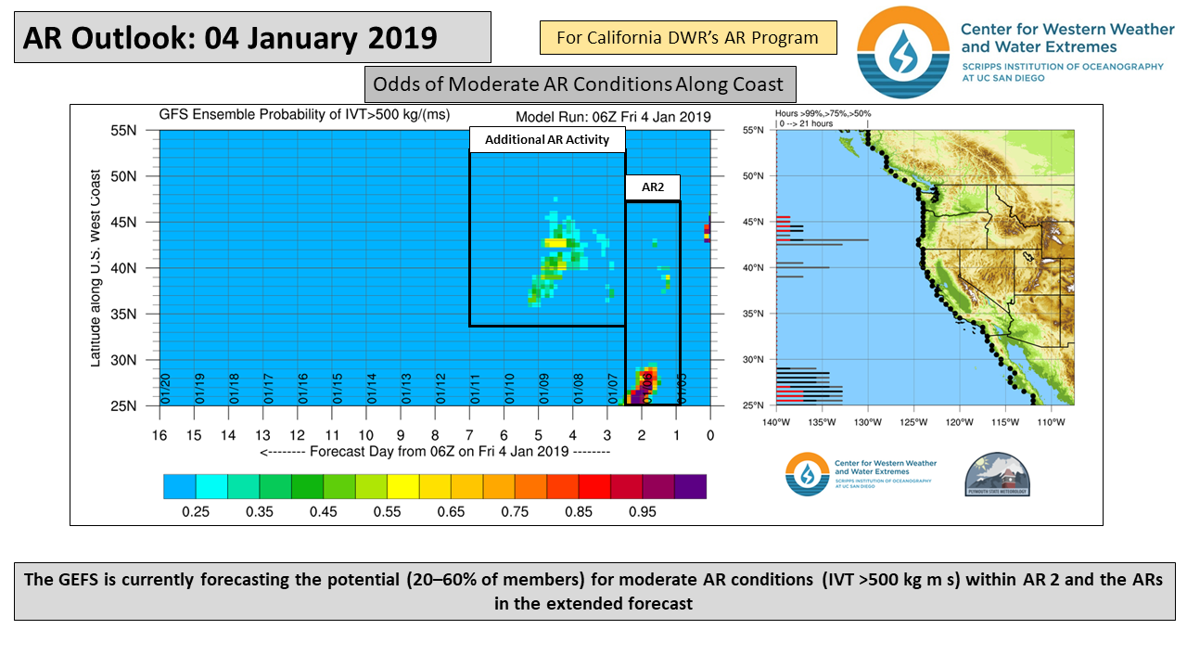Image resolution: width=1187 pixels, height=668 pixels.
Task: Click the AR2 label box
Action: coord(652,187)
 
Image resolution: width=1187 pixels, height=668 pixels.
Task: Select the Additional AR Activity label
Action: coord(547,139)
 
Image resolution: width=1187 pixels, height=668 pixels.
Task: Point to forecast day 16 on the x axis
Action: coord(159,435)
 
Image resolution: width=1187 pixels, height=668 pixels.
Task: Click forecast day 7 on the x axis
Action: coord(469,435)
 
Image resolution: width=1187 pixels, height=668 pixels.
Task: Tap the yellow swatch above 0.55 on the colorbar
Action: coord(402,486)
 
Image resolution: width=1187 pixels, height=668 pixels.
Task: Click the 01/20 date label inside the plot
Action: coord(165,389)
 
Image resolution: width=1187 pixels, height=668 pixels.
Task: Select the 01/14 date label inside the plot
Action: coord(372,389)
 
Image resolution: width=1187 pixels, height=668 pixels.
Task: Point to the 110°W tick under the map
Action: coord(1051,422)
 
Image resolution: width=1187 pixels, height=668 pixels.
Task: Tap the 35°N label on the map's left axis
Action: coord(753,314)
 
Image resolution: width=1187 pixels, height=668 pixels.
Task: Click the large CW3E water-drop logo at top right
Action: coord(902,52)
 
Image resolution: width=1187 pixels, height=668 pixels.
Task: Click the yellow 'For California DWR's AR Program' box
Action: coord(688,38)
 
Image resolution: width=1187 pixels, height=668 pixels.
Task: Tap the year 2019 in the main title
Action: coord(397,37)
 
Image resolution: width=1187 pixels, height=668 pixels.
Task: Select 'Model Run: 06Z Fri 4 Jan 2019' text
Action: coord(613,117)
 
